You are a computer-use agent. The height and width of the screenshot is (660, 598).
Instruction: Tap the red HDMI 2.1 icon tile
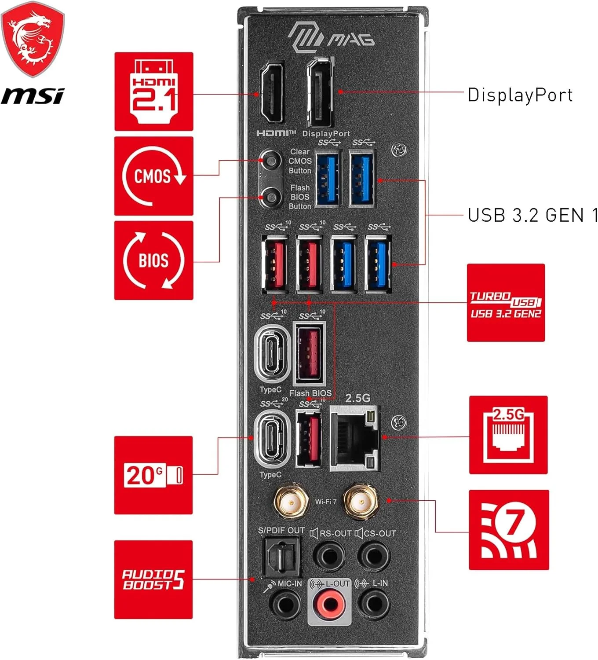(154, 92)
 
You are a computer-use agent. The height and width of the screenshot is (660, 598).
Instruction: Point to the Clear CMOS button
(271, 160)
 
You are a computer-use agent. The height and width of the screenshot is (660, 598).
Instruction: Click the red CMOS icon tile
(154, 176)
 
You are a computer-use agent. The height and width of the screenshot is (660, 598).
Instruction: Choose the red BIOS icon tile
(154, 260)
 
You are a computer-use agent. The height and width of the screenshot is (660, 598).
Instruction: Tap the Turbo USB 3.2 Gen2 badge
(506, 303)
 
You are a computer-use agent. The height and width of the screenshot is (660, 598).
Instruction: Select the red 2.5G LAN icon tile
(508, 435)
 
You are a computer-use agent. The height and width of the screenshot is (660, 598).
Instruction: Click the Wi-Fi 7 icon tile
(509, 530)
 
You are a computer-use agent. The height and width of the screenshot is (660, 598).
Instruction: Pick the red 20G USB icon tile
(153, 475)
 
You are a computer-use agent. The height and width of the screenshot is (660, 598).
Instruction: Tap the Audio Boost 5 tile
(153, 579)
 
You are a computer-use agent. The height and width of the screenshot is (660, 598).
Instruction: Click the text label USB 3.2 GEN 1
(532, 215)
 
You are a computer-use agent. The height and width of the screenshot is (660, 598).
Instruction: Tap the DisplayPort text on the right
(520, 95)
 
